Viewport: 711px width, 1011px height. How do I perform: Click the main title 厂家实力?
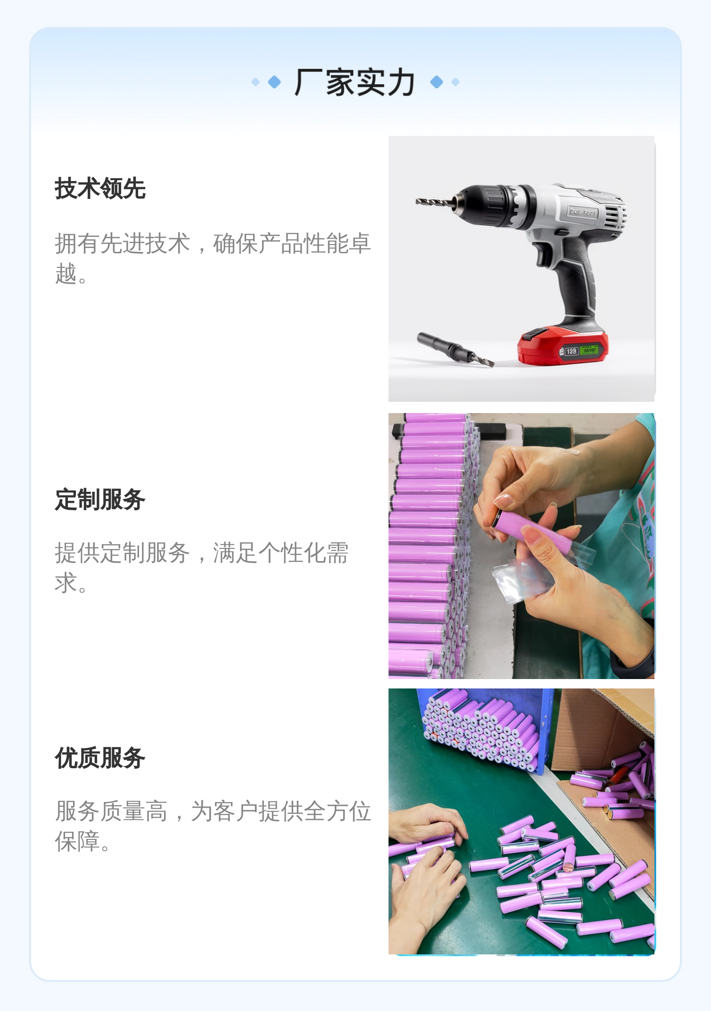(355, 83)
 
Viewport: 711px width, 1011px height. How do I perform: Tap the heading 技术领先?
(100, 189)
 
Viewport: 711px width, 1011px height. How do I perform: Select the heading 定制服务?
(100, 499)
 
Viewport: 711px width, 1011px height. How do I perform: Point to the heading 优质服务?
(100, 758)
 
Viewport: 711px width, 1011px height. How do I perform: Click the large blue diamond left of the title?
(274, 82)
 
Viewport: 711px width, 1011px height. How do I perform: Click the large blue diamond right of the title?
(437, 82)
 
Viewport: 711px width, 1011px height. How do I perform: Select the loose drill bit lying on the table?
(455, 349)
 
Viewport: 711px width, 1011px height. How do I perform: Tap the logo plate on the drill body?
(582, 212)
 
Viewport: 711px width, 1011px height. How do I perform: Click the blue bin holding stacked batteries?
(486, 729)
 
